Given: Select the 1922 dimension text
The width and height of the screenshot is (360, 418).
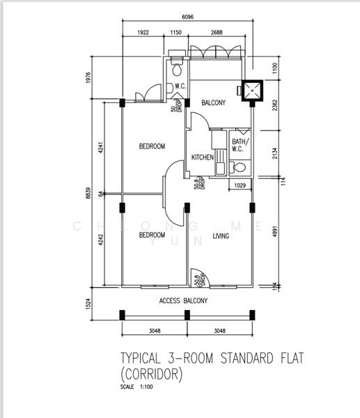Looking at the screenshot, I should [x=143, y=32].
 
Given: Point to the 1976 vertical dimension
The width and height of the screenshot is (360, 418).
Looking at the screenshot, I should [x=89, y=78].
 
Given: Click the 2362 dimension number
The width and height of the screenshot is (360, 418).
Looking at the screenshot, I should [x=276, y=106].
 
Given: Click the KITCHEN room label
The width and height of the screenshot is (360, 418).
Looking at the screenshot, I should [x=202, y=157].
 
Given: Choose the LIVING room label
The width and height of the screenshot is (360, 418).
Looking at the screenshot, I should [x=221, y=236].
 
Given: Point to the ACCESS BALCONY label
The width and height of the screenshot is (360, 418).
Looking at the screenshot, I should [x=183, y=300].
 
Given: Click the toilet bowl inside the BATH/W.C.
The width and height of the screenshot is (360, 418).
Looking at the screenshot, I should [x=239, y=167].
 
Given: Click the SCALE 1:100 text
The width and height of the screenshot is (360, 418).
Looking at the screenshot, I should [x=136, y=387].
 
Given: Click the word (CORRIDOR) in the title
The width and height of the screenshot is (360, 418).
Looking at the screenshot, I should [x=152, y=375].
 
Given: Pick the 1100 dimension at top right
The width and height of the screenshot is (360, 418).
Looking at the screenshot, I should [x=276, y=68].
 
